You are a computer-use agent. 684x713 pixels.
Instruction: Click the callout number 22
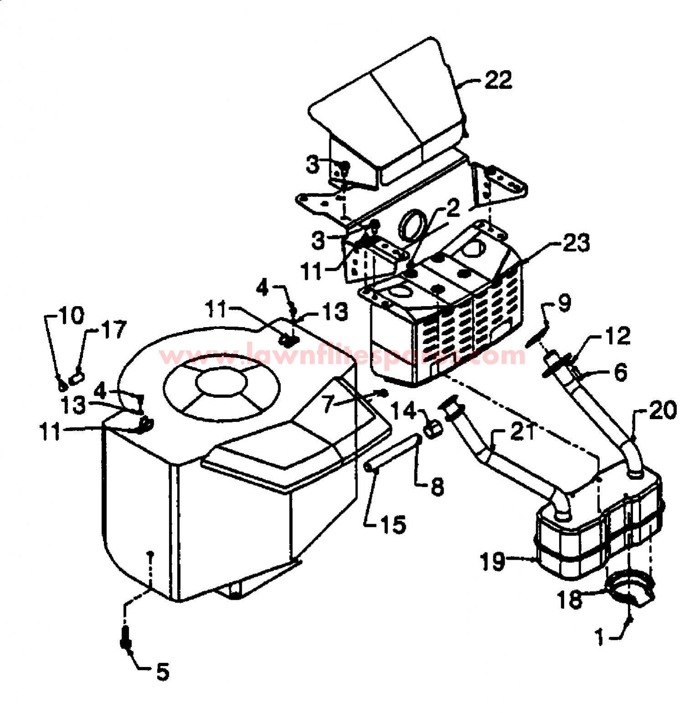click(498, 80)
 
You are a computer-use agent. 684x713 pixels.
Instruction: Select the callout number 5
click(162, 671)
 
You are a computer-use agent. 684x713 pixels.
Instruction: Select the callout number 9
click(564, 304)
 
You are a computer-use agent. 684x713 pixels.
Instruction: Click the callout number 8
click(437, 487)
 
